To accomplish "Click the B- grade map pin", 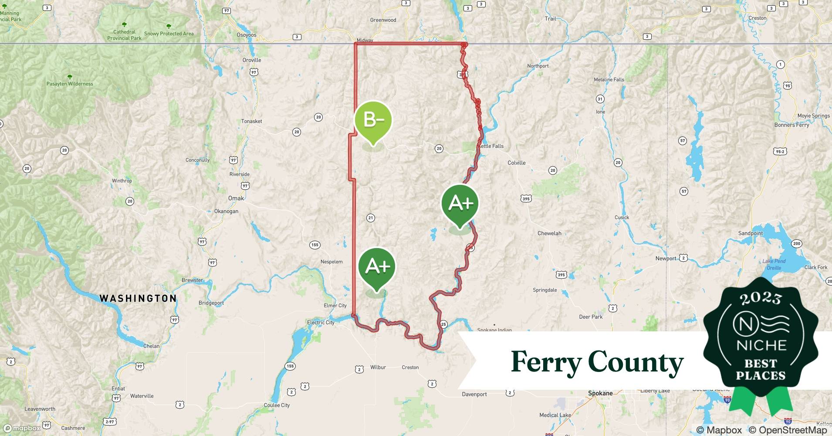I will [373, 120].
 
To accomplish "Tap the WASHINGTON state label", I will [138, 298].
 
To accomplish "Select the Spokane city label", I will [600, 393].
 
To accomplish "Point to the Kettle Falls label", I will [491, 146].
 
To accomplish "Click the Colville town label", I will [516, 163].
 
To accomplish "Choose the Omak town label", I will [236, 198].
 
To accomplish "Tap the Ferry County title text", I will [597, 362].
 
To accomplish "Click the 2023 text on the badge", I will [761, 298].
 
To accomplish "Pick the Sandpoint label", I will [750, 233].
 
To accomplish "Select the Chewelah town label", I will [549, 233].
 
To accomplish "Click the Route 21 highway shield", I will [371, 218].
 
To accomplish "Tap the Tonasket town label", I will [252, 121].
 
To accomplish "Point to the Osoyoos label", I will [247, 35].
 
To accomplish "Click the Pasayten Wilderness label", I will [70, 84].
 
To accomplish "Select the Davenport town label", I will [474, 394].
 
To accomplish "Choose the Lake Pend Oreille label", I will [774, 264].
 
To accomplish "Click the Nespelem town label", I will [331, 262].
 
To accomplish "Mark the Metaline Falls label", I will [609, 79].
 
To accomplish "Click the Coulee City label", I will [277, 405].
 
